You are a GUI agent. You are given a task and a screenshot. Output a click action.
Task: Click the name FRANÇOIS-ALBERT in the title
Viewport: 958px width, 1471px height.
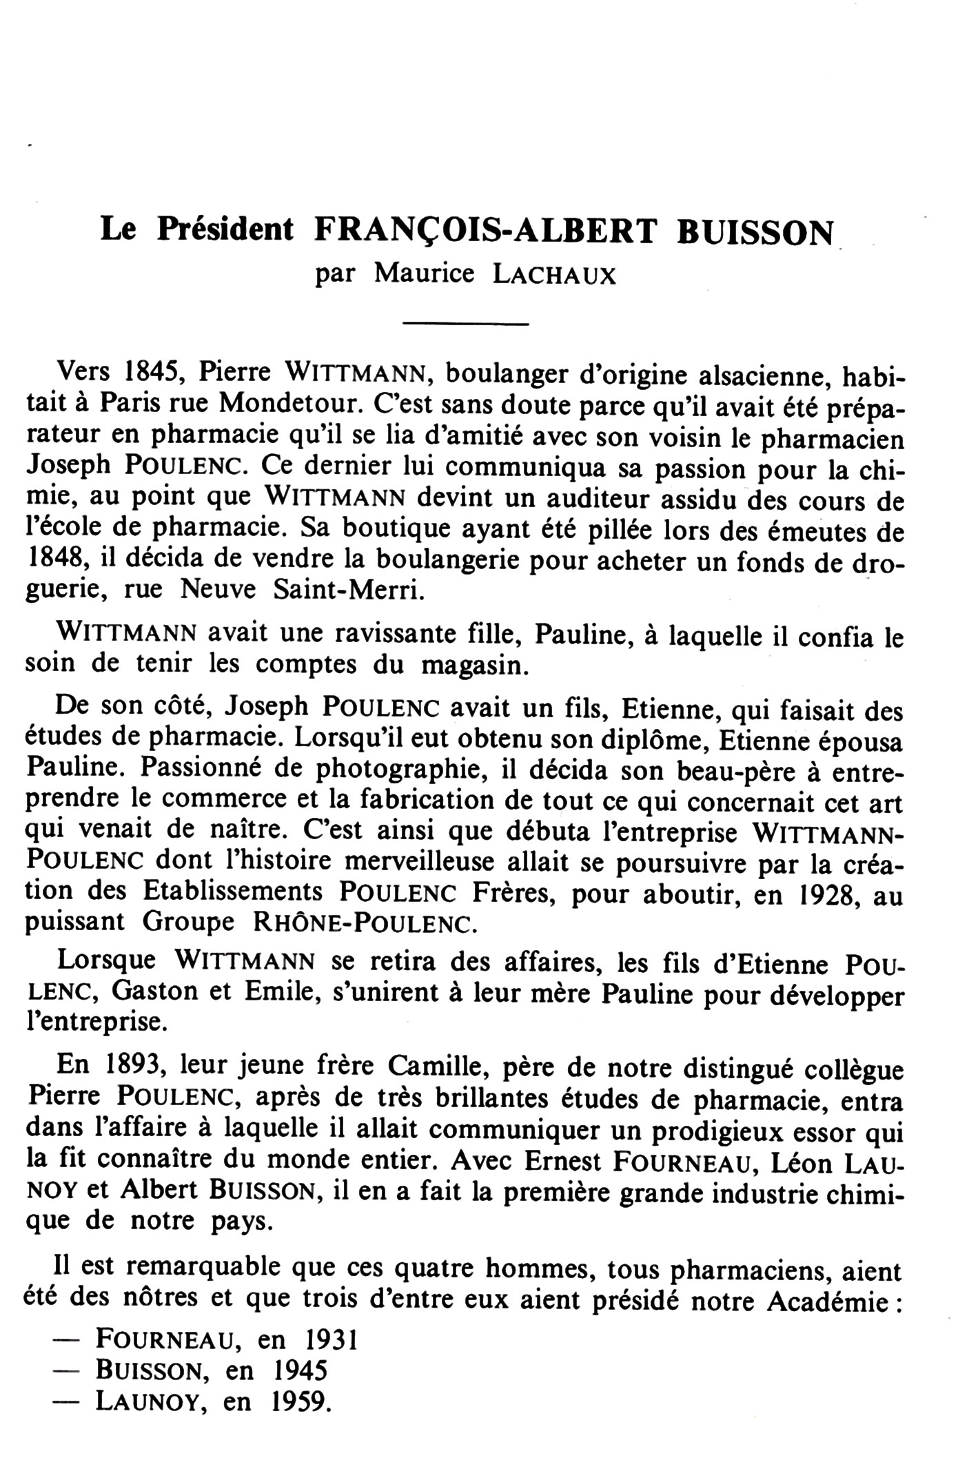[x=485, y=232]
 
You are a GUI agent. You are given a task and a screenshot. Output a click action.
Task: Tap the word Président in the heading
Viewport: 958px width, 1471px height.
[x=225, y=230]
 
